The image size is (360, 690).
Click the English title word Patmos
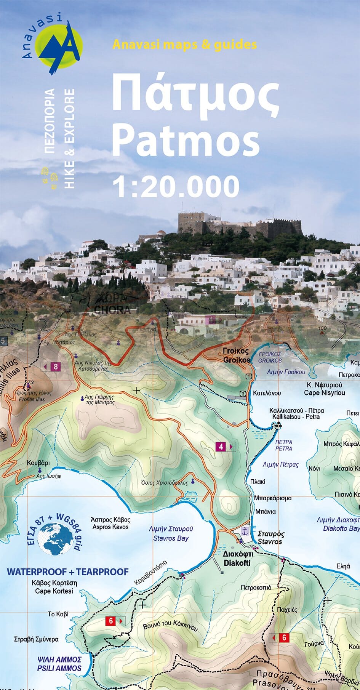point(186,140)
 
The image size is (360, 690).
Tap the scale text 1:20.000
point(176,186)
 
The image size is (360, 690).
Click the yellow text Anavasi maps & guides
point(185,45)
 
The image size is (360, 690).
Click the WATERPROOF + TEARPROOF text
point(68,572)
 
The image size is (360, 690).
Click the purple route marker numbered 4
point(221,447)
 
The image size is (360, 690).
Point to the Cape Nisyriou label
point(324,393)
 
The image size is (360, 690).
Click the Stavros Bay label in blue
point(171,538)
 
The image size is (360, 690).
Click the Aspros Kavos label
point(110,527)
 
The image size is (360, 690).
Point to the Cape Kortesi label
point(54,591)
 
